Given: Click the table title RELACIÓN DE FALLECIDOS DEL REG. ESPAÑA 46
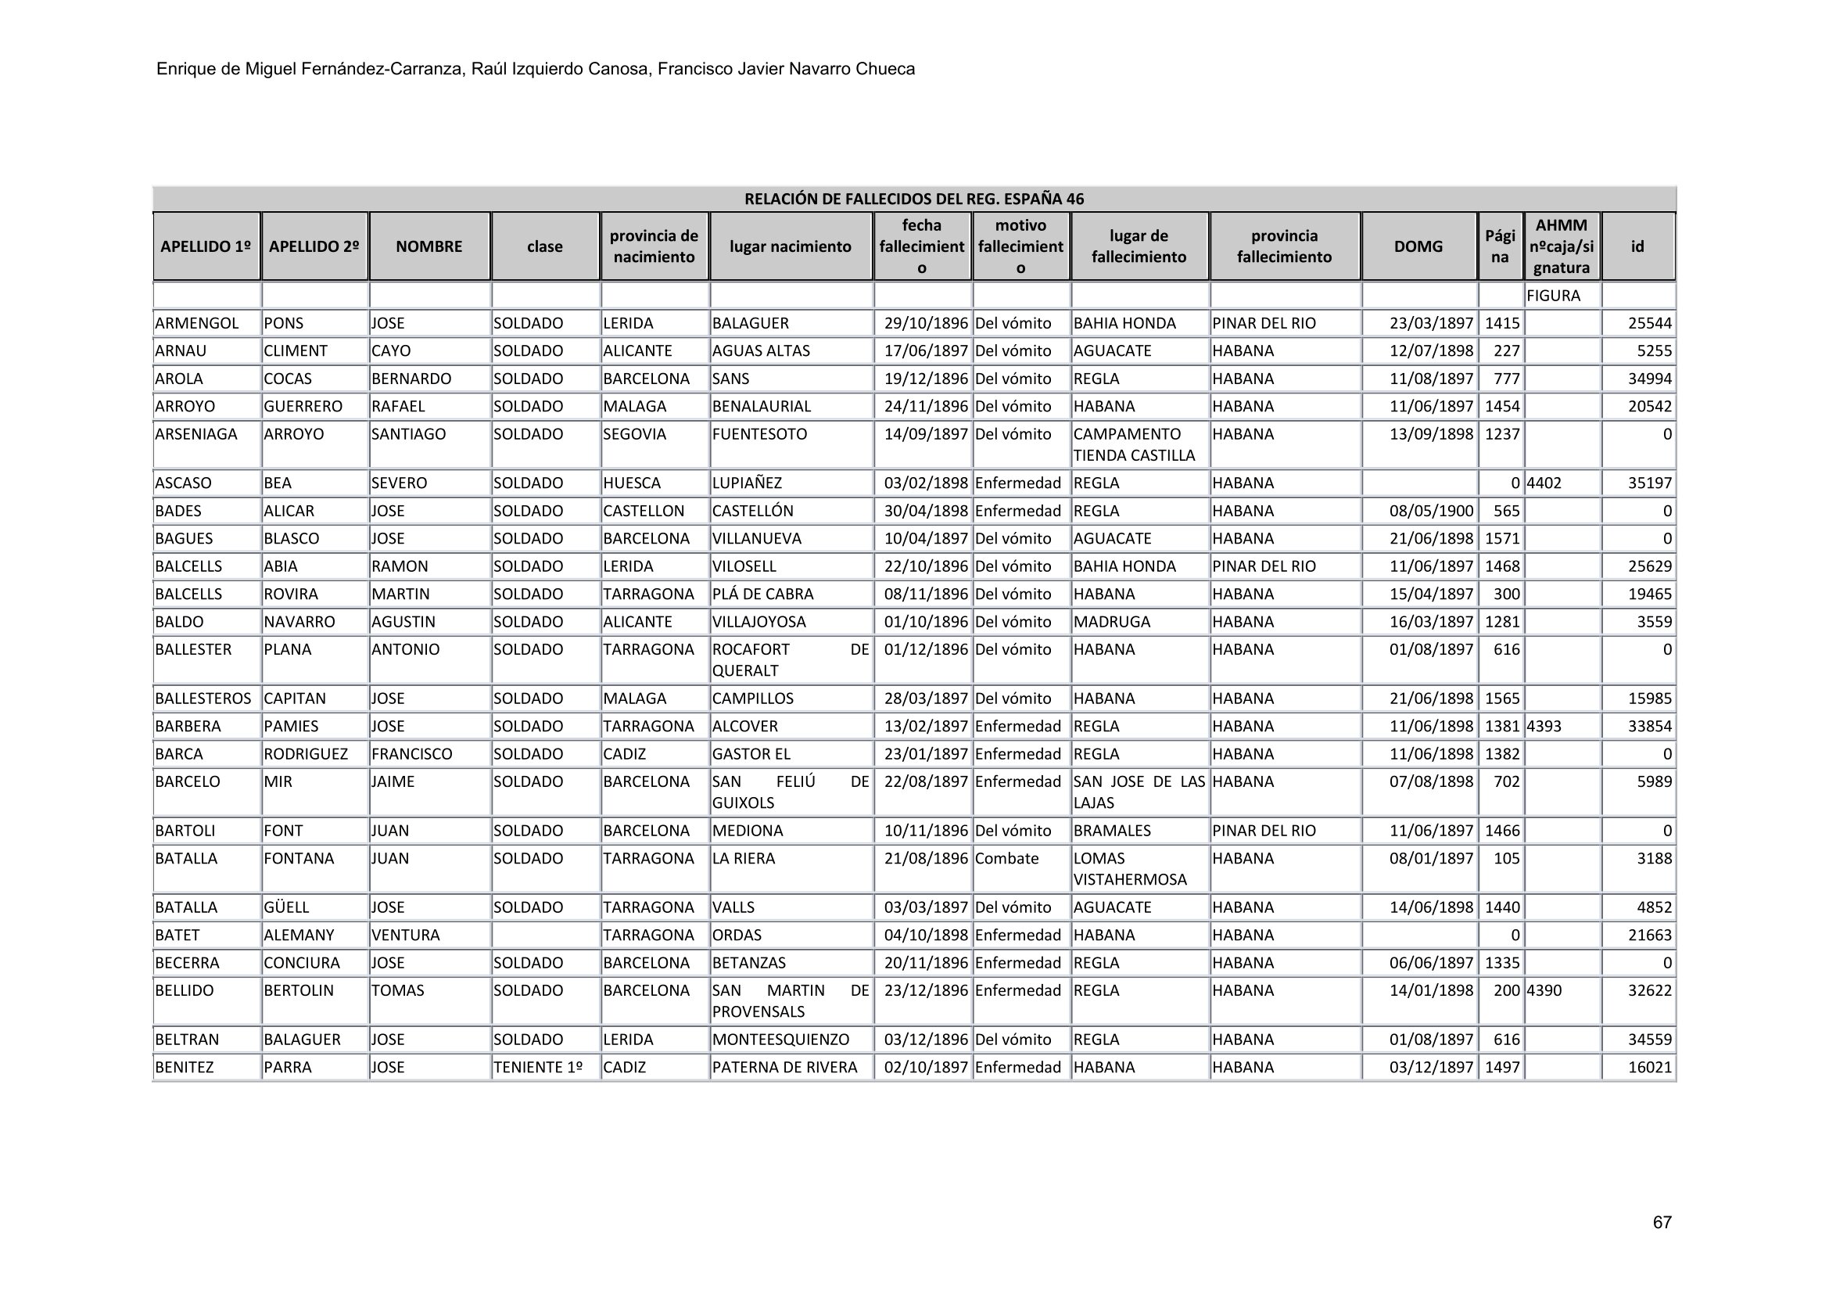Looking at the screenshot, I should point(913,199).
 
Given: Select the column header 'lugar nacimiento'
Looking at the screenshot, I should point(791,247).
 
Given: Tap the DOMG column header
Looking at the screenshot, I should point(1418,247).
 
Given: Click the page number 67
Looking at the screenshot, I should point(1662,1222).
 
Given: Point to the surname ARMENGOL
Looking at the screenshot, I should point(197,324).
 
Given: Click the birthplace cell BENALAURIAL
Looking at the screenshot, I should point(761,406).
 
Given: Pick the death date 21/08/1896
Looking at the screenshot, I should point(926,859).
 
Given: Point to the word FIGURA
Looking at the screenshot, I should point(1553,296).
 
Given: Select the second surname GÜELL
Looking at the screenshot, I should point(286,907).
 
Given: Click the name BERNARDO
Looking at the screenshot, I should point(411,379).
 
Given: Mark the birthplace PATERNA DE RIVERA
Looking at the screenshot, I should point(784,1068).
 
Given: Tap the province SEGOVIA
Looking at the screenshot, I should point(634,434).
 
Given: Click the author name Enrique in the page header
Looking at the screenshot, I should point(185,70).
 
